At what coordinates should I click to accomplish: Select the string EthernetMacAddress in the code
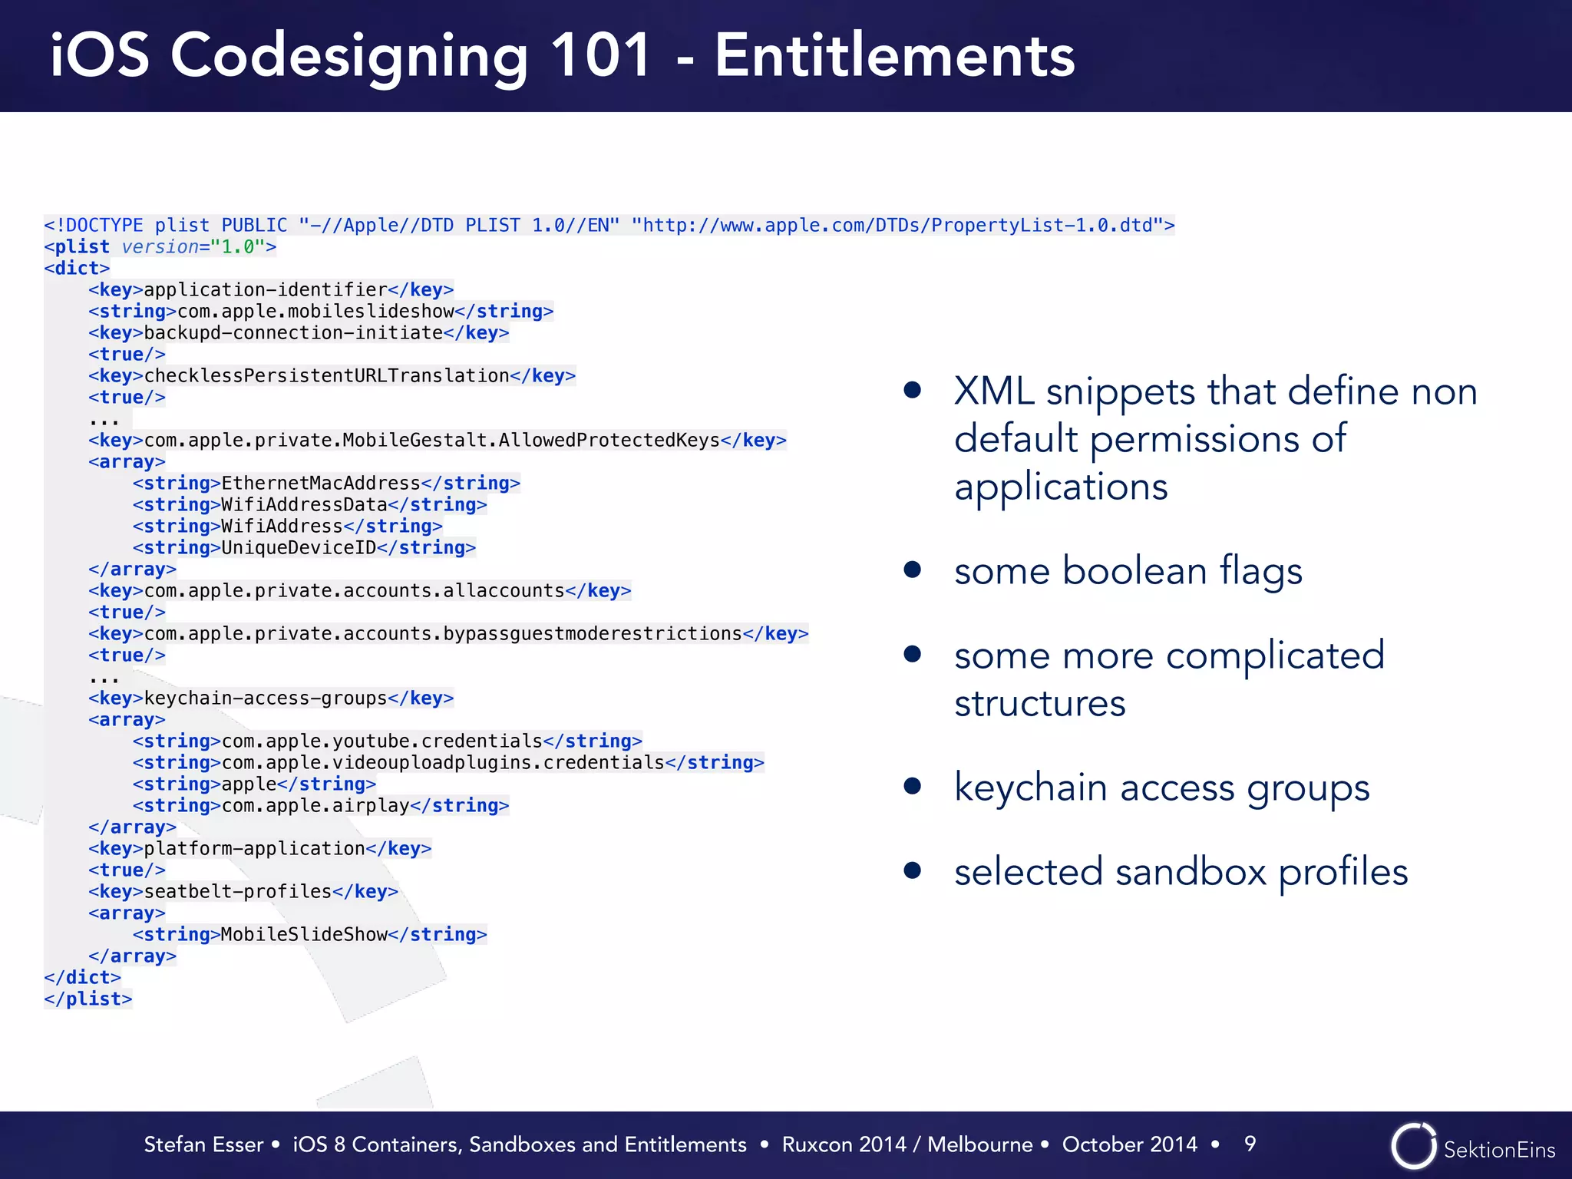[x=321, y=483]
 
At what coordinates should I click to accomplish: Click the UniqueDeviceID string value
[x=299, y=547]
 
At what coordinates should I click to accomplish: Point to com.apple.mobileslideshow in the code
[x=315, y=311]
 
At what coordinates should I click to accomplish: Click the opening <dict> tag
[x=77, y=268]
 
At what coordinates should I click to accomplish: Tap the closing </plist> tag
[x=88, y=999]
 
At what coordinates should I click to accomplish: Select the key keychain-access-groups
[x=266, y=698]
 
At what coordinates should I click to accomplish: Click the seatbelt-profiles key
[x=238, y=891]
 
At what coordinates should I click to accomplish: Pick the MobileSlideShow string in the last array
[x=304, y=934]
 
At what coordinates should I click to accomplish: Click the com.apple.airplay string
[x=315, y=805]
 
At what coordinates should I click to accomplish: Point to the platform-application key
[x=254, y=848]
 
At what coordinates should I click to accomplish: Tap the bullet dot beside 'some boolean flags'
[x=912, y=570]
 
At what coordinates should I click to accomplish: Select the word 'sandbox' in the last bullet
[x=1191, y=872]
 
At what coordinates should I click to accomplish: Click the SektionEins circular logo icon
[x=1413, y=1145]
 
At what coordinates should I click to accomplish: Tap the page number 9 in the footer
[x=1250, y=1144]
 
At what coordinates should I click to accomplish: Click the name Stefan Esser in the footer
[x=203, y=1144]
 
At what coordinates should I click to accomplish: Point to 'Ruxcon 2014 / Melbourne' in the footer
[x=907, y=1144]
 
